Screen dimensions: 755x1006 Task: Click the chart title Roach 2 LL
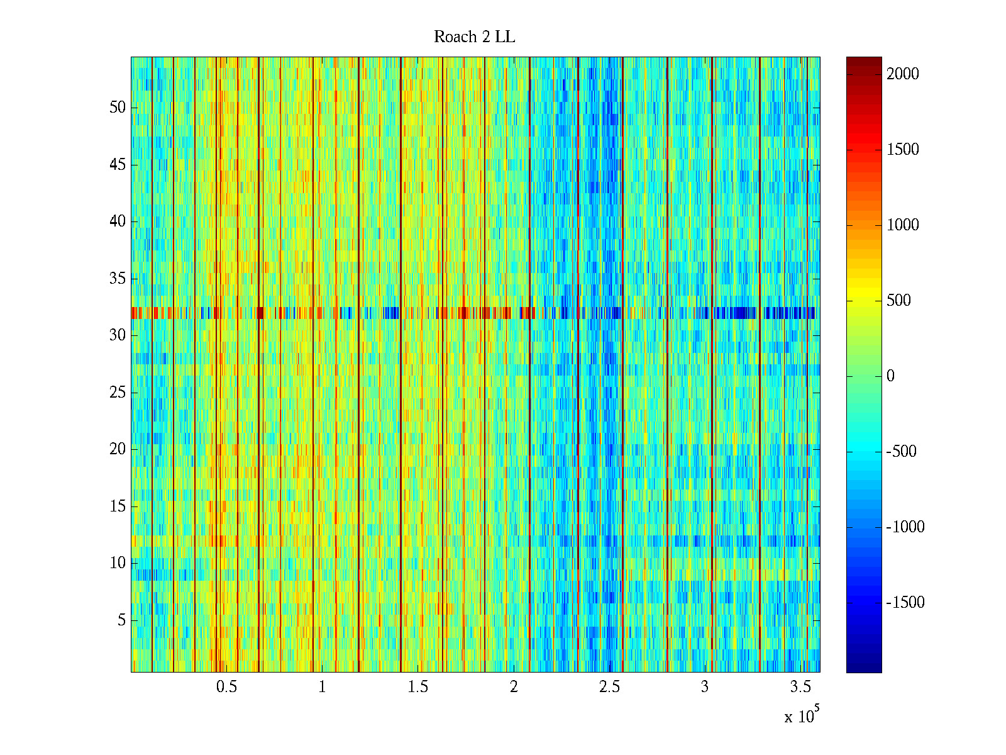pos(474,37)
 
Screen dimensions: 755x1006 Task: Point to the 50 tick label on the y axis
pos(118,107)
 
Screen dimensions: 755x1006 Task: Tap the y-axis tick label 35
pos(118,278)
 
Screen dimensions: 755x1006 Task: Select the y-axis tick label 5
pos(121,620)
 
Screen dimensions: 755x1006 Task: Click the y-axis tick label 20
pos(118,449)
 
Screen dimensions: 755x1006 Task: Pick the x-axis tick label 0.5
pos(226,686)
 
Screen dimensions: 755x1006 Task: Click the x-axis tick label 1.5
pos(418,686)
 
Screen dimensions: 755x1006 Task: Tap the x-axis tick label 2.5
pos(609,686)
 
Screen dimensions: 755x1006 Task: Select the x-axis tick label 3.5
pos(800,686)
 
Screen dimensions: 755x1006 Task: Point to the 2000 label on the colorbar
pos(903,74)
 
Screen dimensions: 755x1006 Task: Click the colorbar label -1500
pos(905,603)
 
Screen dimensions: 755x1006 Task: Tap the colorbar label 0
pos(890,376)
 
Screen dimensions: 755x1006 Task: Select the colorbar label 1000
pos(903,225)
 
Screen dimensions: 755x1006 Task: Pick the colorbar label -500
pos(902,452)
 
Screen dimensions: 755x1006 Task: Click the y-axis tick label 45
pos(118,164)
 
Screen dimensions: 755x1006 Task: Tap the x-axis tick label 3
pos(705,686)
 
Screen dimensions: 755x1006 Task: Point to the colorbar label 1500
pos(903,150)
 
